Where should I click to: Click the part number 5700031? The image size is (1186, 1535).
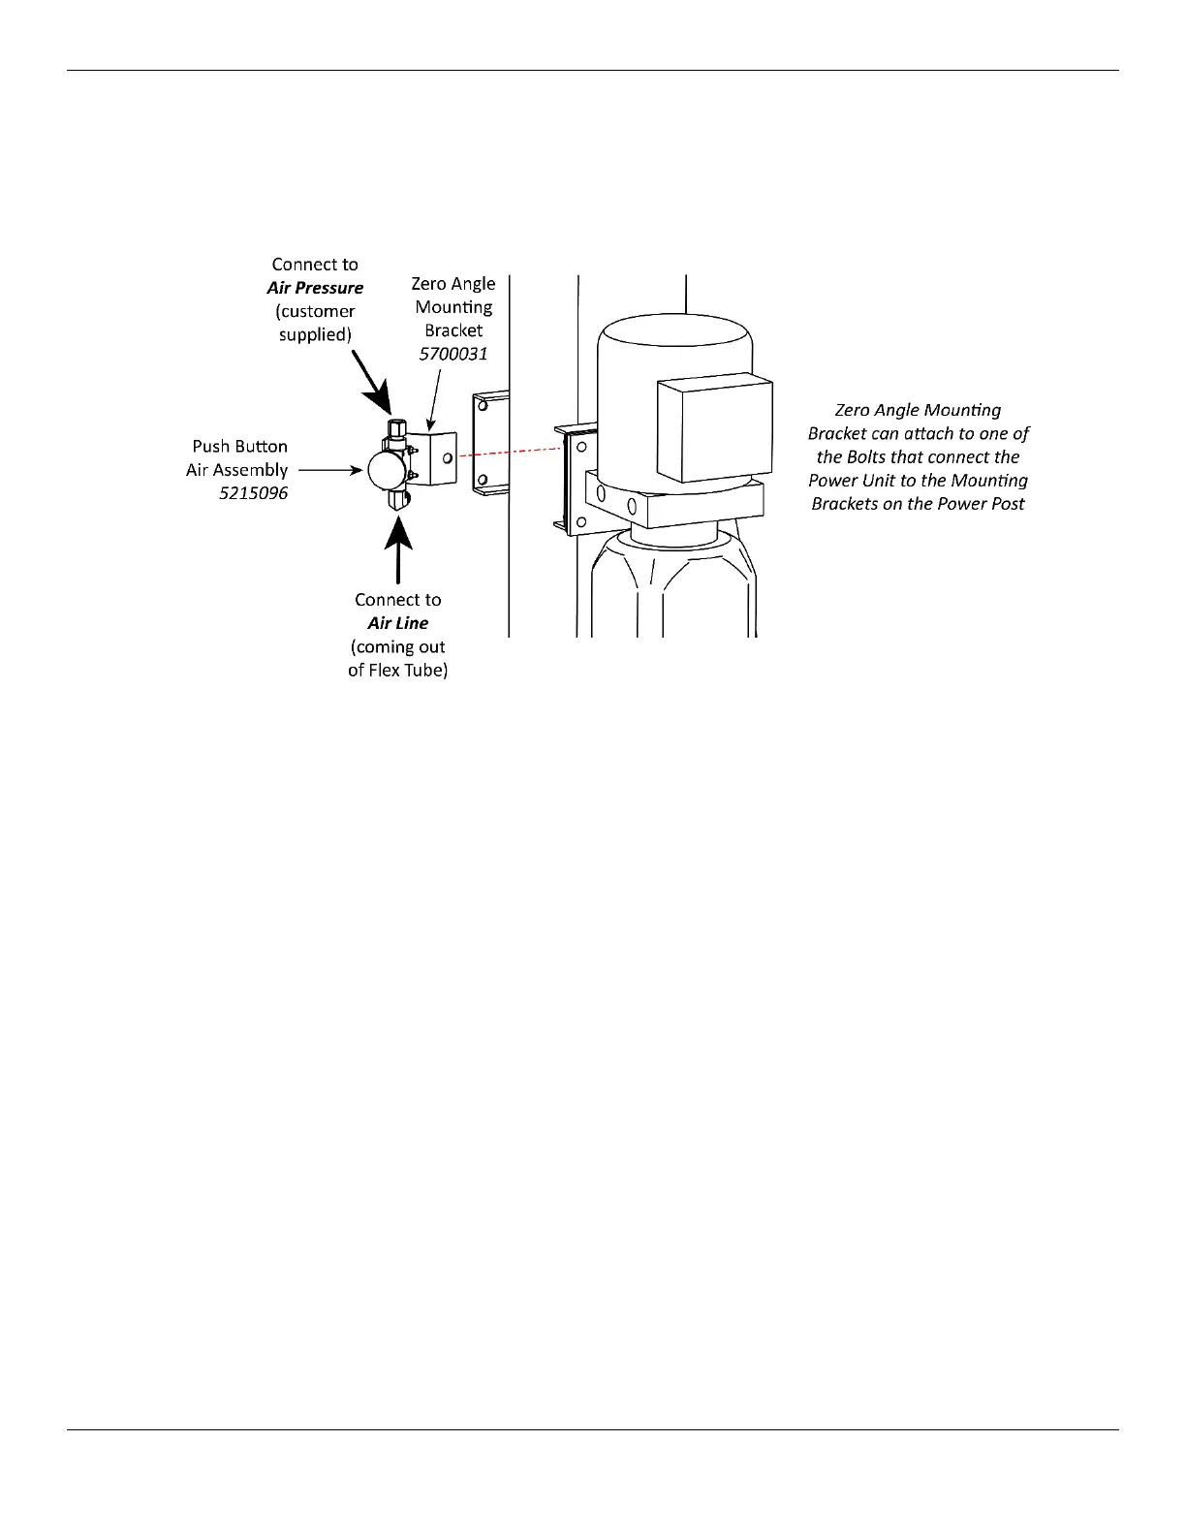point(453,354)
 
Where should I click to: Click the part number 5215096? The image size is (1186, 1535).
point(253,493)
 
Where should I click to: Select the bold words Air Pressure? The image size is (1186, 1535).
point(315,288)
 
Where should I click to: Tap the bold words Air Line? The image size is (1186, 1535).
point(397,623)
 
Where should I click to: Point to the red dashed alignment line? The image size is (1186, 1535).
point(511,451)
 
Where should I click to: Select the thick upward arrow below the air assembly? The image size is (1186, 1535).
point(398,550)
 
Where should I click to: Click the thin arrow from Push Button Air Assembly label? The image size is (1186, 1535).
point(329,470)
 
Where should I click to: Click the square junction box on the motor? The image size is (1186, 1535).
point(715,429)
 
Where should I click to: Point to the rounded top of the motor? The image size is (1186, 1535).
point(675,334)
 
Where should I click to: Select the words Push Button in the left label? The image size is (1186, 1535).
point(239,447)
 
